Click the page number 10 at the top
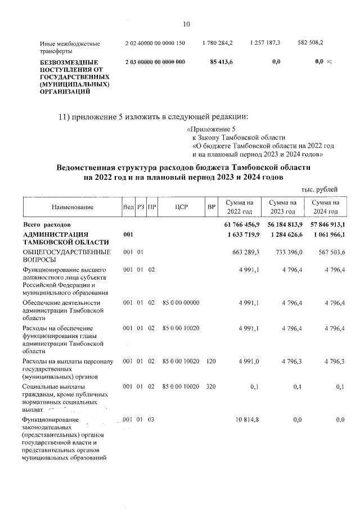(x=187, y=24)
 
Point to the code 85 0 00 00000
(x=181, y=303)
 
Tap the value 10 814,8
(x=247, y=420)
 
